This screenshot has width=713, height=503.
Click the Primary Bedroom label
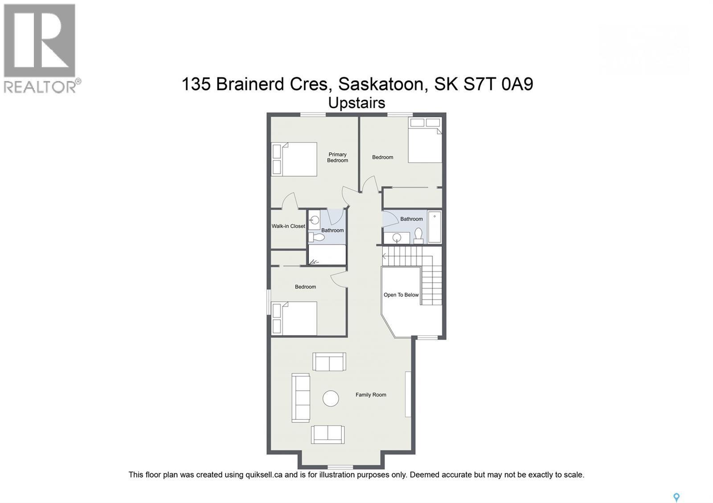pyautogui.click(x=337, y=158)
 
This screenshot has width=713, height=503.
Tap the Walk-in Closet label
pyautogui.click(x=288, y=226)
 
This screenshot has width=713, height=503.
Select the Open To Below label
pyautogui.click(x=401, y=295)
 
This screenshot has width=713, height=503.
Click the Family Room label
pyautogui.click(x=371, y=395)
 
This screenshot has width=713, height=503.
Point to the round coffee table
pyautogui.click(x=331, y=398)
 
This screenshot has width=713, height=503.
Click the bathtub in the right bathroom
pyautogui.click(x=434, y=227)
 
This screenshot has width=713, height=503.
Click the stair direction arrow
pyautogui.click(x=385, y=256)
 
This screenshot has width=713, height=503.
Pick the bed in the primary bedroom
pyautogui.click(x=295, y=159)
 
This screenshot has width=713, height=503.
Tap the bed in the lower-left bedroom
pyautogui.click(x=295, y=318)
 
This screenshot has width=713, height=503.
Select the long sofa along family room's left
pyautogui.click(x=301, y=398)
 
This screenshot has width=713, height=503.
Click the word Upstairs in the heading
pyautogui.click(x=356, y=103)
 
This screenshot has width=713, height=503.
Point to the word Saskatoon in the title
pyautogui.click(x=381, y=84)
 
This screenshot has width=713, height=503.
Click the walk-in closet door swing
pyautogui.click(x=290, y=201)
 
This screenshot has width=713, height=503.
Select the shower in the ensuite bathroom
pyautogui.click(x=328, y=255)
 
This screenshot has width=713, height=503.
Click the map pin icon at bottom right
pyautogui.click(x=676, y=497)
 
